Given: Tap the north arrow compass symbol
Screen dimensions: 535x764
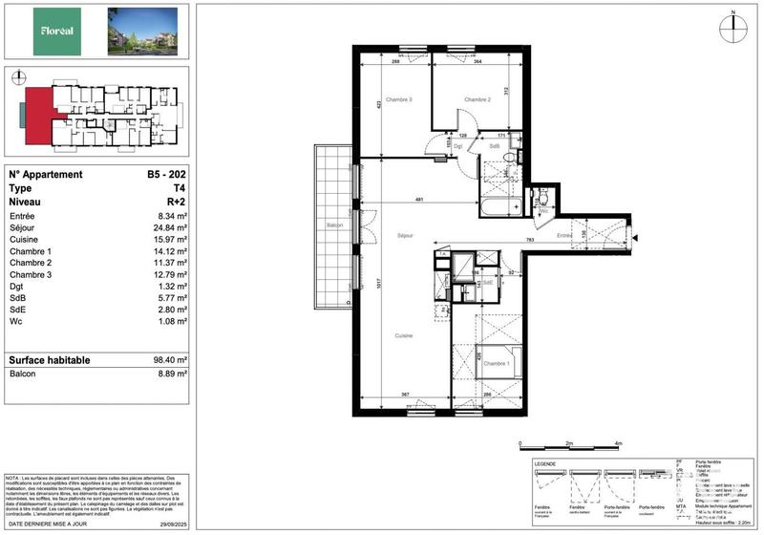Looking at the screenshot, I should point(733,27).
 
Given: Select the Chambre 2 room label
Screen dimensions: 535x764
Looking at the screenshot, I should point(477,100).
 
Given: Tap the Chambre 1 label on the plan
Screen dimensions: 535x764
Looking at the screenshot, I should point(496,364).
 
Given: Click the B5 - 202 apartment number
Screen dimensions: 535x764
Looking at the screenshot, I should point(165,175).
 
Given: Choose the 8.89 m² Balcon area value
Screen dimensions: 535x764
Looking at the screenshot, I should point(168,374).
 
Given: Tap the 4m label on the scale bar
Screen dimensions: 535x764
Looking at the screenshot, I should point(619,444).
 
